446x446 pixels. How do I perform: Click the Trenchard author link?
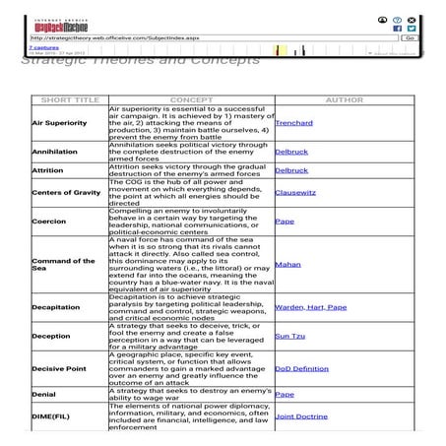pos(295,123)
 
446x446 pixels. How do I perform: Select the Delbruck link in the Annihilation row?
pos(291,153)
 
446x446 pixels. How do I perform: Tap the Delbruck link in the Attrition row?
pos(291,170)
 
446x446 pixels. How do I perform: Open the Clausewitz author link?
pos(296,194)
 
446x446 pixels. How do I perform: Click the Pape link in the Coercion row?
pos(285,222)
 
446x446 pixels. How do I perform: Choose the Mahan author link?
pos(287,265)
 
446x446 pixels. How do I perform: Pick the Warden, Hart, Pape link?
pos(310,307)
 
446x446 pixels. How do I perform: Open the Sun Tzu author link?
pos(289,336)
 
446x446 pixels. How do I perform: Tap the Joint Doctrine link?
pos(302,416)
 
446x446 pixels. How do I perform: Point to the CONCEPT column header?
pos(191,99)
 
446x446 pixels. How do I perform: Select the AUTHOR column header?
pos(344,99)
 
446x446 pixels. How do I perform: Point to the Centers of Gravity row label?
pos(67,193)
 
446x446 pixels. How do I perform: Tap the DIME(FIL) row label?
pos(51,417)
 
